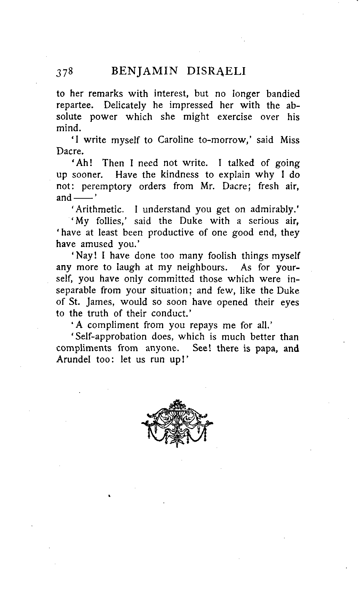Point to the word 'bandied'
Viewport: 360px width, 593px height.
pyautogui.click(x=283, y=94)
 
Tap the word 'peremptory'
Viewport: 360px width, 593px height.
pyautogui.click(x=106, y=187)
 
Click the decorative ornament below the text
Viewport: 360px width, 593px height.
pyautogui.click(x=177, y=423)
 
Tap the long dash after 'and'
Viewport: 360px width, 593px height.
pyautogui.click(x=83, y=198)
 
